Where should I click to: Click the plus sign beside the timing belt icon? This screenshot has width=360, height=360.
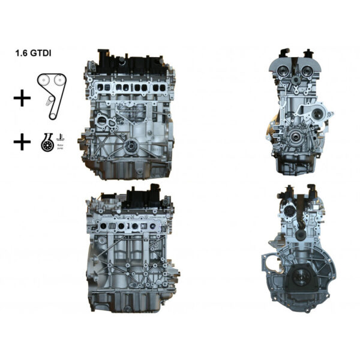(22, 98)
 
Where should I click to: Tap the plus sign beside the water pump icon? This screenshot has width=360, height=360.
(22, 142)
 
